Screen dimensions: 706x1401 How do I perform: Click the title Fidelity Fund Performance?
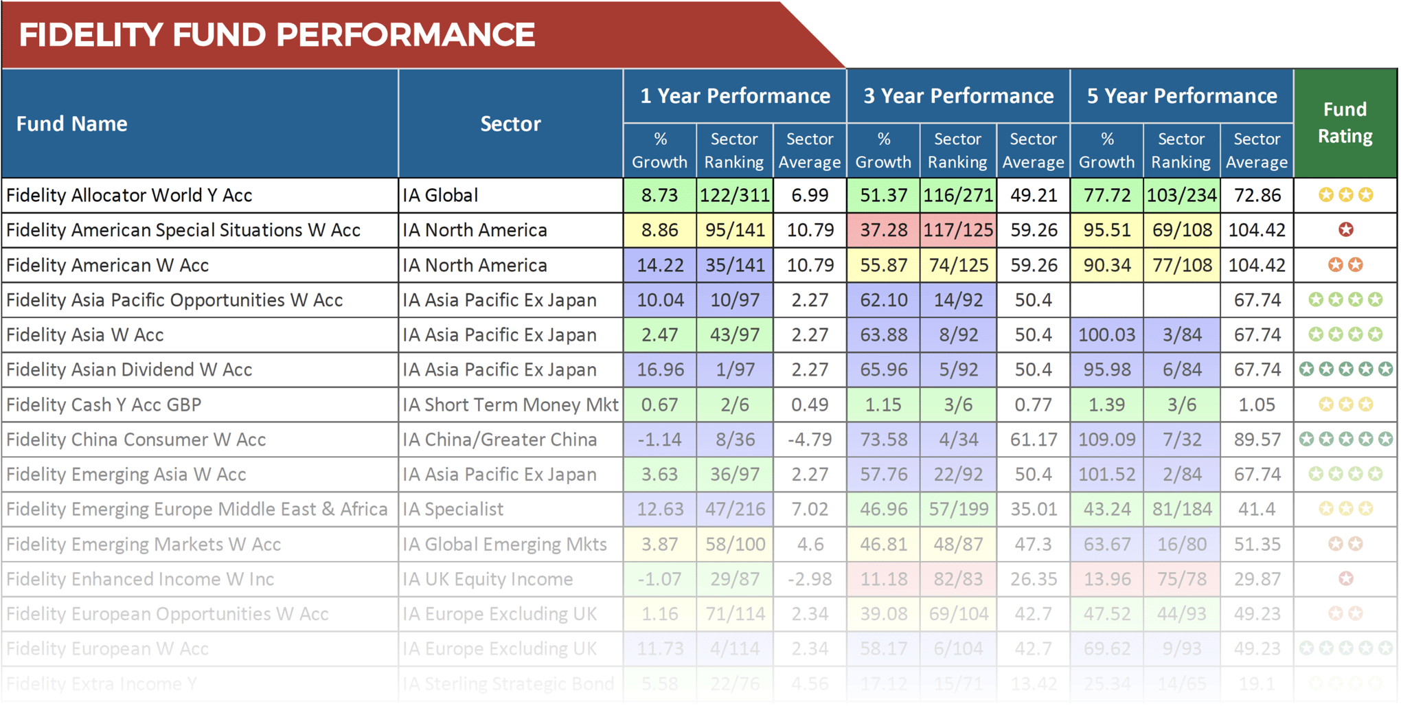coord(276,35)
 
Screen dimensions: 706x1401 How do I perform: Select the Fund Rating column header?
coord(1345,123)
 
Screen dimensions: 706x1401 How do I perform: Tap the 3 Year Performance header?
coord(958,96)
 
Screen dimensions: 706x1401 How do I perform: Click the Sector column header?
coord(510,124)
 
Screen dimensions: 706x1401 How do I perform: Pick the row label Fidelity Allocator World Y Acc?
coord(129,196)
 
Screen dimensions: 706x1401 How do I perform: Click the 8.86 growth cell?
coord(659,230)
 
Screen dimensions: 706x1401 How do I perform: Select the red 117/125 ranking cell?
coord(958,230)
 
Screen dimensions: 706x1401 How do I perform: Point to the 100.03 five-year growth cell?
coord(1106,335)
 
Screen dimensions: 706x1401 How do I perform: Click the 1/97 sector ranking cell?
coord(734,370)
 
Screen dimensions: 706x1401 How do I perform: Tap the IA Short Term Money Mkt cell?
coord(510,405)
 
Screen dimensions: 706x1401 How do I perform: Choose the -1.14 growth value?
coord(659,440)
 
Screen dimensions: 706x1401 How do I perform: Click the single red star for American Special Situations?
coord(1345,230)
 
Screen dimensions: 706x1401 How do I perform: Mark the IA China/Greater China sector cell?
coord(500,440)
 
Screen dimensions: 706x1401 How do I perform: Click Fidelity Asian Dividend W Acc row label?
coord(129,370)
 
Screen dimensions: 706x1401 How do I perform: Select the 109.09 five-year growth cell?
coord(1106,440)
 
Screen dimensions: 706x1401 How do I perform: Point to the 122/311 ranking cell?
coord(734,196)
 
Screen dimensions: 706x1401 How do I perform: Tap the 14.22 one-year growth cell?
coord(659,265)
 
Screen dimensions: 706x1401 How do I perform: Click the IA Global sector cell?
coord(440,196)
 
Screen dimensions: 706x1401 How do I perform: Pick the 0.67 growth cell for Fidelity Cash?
coord(659,405)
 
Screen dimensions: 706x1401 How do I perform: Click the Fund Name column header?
coord(72,124)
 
